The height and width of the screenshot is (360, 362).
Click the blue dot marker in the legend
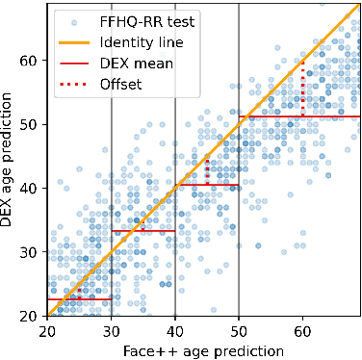[73, 19]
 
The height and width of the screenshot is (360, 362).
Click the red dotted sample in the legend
[73, 85]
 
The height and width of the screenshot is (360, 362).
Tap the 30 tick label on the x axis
[111, 329]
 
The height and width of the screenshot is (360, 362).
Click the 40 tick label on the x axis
[174, 329]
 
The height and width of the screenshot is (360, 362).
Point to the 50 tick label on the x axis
[239, 329]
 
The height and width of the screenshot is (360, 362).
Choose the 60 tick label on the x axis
[302, 329]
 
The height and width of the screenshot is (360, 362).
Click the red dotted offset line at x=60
[302, 89]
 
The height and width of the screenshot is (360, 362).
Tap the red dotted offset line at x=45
[207, 169]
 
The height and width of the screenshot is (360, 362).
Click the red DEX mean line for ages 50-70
[298, 116]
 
